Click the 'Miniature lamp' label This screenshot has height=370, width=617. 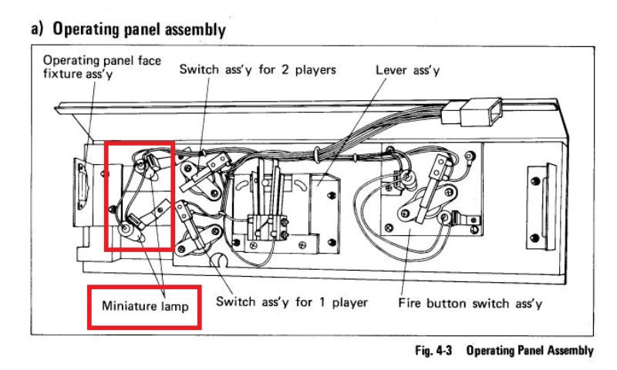147,306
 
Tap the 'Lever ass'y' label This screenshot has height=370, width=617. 407,69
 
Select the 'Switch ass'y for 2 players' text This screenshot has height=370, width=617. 258,69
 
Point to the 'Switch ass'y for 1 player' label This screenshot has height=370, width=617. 292,301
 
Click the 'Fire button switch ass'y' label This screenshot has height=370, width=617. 470,303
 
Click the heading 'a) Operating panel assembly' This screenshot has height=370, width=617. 128,30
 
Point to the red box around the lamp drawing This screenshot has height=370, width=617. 140,196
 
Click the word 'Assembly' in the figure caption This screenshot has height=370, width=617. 565,351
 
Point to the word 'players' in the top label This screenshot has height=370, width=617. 312,69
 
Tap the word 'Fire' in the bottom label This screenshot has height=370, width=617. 410,303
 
